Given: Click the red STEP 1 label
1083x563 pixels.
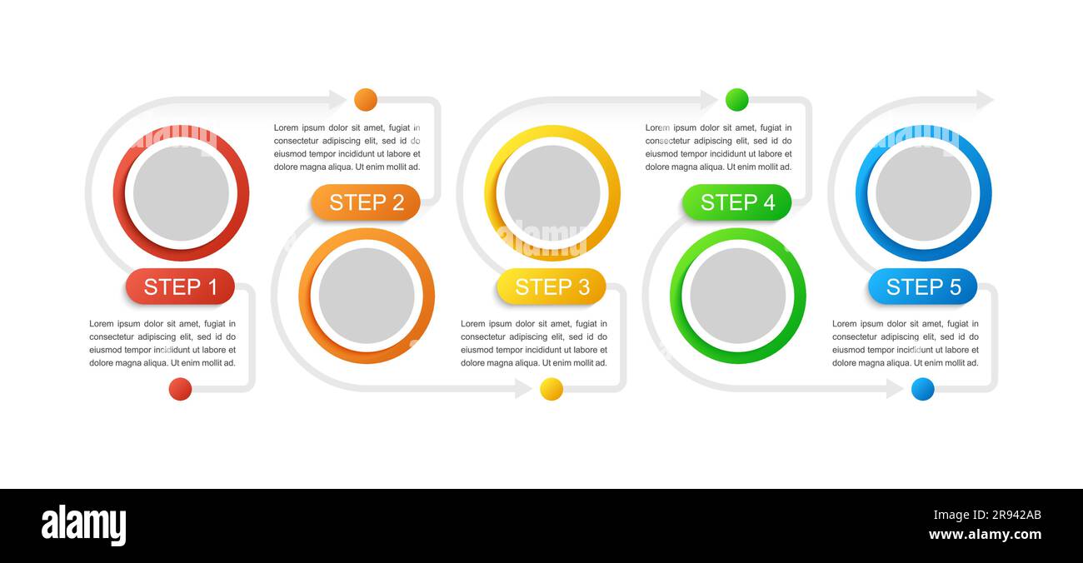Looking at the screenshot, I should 180,286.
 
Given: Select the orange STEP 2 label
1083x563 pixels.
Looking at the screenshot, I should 366,202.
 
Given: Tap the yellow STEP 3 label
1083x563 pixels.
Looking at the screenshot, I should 551,286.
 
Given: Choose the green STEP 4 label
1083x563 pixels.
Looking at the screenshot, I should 737,202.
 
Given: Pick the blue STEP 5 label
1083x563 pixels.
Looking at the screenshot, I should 923,286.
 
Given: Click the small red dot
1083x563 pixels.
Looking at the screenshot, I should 180,389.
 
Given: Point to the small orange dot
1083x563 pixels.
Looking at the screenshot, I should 366,100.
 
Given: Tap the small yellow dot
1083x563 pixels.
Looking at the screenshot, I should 551,389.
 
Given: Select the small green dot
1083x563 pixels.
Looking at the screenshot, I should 737,100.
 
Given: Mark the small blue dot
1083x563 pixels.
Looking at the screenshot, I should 922,389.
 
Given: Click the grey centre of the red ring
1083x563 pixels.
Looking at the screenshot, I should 181,193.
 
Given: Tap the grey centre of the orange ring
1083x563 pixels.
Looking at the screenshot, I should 367,296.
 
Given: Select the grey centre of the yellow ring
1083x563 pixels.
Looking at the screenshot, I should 552,193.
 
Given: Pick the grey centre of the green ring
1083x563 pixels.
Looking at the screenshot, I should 738,296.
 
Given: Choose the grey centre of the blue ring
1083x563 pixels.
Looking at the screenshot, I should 923,193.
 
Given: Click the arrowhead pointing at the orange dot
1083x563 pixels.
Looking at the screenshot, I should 338,100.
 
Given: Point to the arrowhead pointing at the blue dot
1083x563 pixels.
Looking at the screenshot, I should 895,389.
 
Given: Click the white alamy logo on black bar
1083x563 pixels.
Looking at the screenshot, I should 83,526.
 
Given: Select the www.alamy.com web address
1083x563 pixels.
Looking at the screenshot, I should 985,535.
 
